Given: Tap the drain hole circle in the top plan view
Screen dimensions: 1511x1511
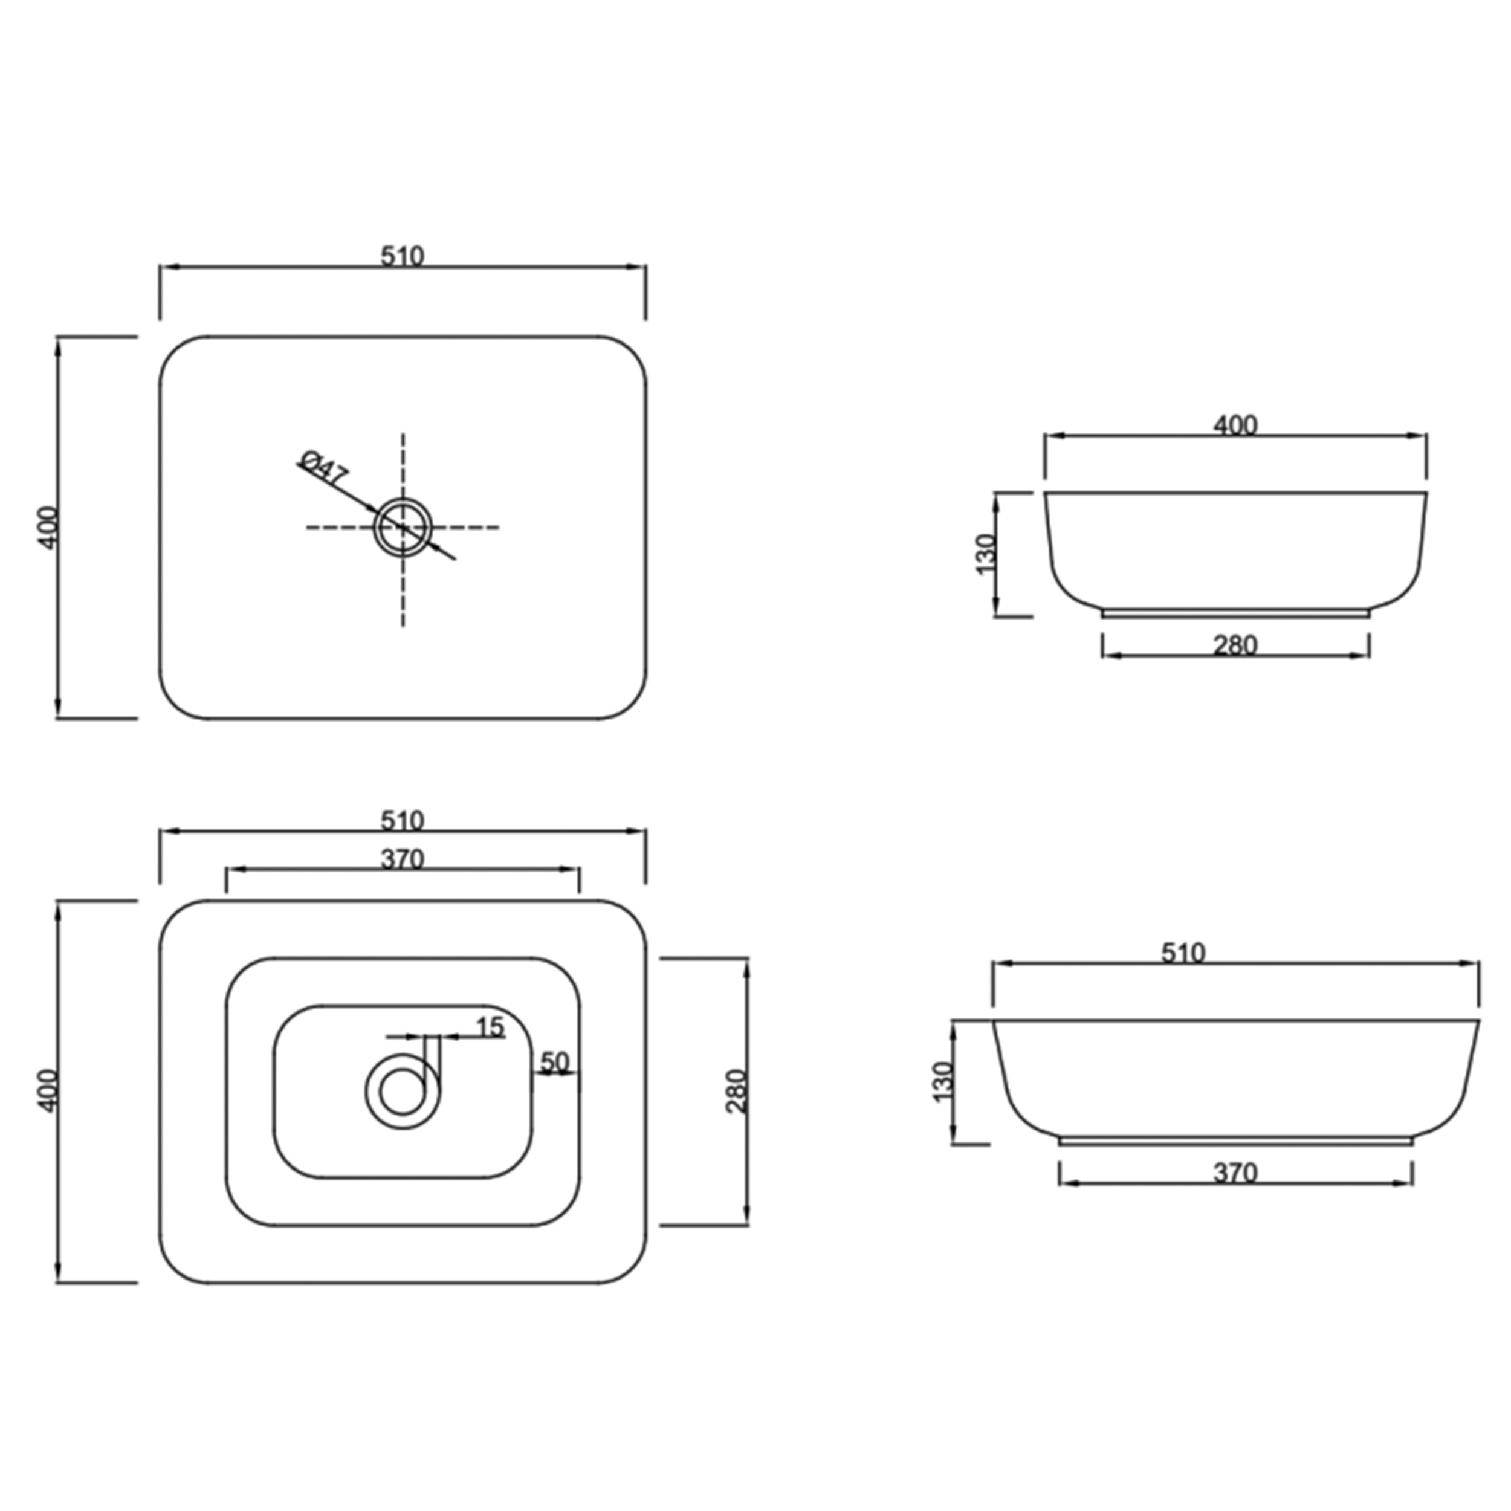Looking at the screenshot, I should tap(403, 526).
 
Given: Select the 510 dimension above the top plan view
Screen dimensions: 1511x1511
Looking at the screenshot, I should tap(402, 256).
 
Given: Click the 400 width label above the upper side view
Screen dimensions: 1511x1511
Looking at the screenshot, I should tap(1235, 425).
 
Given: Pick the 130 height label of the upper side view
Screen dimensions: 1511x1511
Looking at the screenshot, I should tap(985, 554).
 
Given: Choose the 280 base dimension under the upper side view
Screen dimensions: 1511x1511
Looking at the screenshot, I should tap(1235, 645).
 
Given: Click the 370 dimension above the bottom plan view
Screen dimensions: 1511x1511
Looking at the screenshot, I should tap(402, 859).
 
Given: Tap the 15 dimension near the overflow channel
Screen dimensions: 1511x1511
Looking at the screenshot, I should tap(490, 1027).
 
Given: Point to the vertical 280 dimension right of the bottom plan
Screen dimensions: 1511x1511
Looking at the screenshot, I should tap(737, 1091).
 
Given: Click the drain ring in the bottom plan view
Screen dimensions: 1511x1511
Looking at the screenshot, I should tap(402, 1092).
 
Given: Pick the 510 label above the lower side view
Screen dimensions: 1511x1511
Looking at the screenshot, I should tap(1183, 953).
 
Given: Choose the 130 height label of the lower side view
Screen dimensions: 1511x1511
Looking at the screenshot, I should tap(943, 1082).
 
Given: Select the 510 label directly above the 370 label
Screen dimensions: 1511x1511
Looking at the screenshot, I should tap(402, 820).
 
